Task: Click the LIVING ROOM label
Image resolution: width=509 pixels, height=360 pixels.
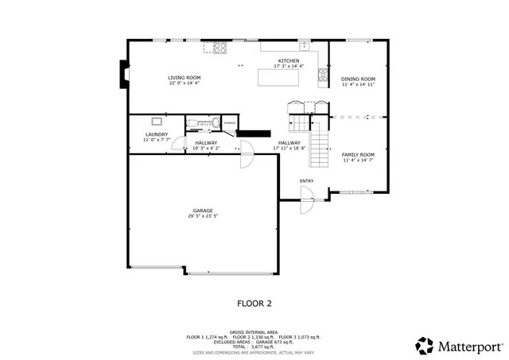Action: point(184,77)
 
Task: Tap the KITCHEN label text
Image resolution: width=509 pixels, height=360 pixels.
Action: point(288,61)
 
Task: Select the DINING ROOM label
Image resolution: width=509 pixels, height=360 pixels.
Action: point(358,79)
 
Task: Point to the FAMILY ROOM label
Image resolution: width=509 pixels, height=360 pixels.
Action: point(358,154)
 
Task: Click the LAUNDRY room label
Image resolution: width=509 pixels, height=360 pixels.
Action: point(156,134)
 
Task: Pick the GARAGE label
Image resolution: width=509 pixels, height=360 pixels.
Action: point(202,210)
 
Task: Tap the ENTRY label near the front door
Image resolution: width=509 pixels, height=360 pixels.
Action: point(307,180)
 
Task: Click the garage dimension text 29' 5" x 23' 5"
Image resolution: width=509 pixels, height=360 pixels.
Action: point(203,215)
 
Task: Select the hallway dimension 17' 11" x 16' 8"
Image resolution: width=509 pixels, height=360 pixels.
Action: point(289,148)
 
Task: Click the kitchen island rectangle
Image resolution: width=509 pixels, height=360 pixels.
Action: point(278,77)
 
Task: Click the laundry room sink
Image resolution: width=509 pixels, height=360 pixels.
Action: point(157,121)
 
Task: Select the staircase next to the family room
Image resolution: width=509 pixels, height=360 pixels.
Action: point(318,147)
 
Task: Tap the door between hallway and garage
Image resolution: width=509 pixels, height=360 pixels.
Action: point(247,154)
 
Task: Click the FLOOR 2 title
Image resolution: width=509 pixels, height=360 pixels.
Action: point(254,303)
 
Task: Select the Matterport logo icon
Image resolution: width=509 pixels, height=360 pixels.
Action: point(425,346)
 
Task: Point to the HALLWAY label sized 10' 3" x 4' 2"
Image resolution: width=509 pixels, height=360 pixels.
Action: point(206,142)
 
